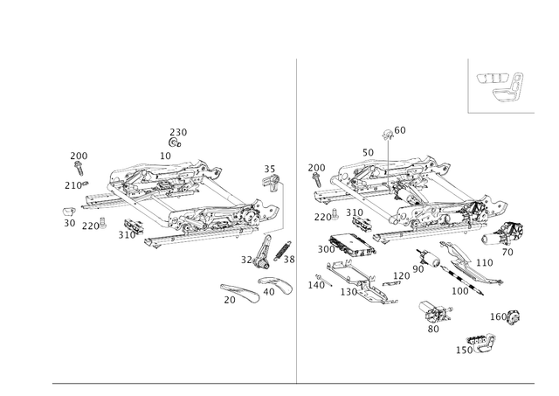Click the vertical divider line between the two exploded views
coord(298,219)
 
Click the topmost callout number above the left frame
coord(178,132)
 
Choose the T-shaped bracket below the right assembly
coord(434,315)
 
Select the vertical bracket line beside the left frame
coord(282,210)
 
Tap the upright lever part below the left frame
coord(259,254)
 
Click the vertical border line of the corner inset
coord(469,85)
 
